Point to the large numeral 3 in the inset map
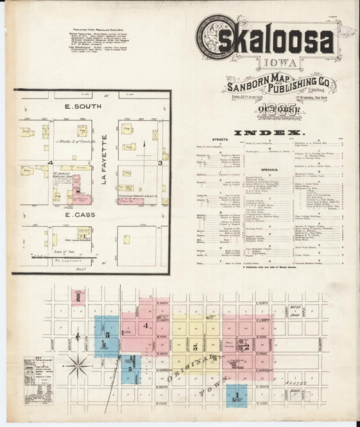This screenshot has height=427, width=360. (159, 164)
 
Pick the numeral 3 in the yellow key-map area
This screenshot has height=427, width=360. (195, 347)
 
